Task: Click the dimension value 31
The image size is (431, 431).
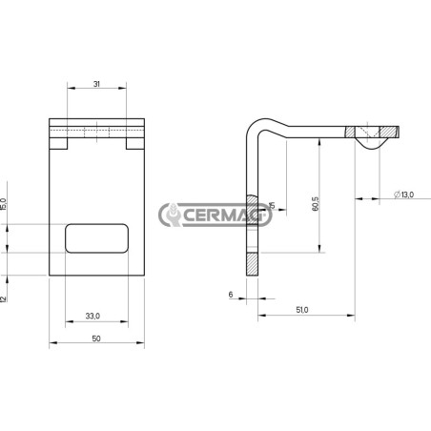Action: [96, 84]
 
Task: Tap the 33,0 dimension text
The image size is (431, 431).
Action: [92, 316]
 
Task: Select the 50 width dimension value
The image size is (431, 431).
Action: [96, 339]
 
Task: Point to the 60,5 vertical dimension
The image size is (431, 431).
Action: [316, 204]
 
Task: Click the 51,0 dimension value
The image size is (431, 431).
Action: [302, 310]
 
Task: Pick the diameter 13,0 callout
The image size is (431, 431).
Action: [403, 195]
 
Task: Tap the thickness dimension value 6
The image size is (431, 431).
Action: [231, 295]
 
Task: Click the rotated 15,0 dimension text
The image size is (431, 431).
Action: [4, 204]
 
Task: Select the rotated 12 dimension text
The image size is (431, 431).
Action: [4, 298]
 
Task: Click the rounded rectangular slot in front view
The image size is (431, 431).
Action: [97, 238]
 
